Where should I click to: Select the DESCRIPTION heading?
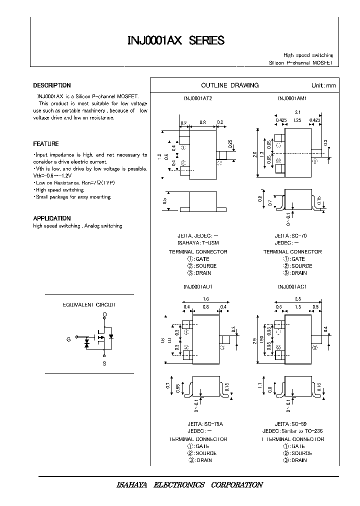(52, 85)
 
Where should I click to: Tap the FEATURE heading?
(46, 144)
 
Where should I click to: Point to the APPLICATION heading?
(52, 218)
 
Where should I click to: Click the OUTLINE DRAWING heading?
(229, 85)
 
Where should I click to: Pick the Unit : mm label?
(324, 86)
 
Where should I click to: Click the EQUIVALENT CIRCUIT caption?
(88, 304)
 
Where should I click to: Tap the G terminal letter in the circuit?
(68, 339)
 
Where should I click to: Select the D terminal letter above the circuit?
(104, 315)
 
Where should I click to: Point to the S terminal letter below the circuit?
(104, 363)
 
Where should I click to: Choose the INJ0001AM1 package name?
(292, 98)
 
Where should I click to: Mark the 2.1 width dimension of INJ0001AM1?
(297, 112)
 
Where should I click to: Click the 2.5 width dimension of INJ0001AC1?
(297, 298)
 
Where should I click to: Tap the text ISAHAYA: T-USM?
(198, 242)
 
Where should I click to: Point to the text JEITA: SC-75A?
(198, 423)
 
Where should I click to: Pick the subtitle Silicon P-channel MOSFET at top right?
(300, 63)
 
